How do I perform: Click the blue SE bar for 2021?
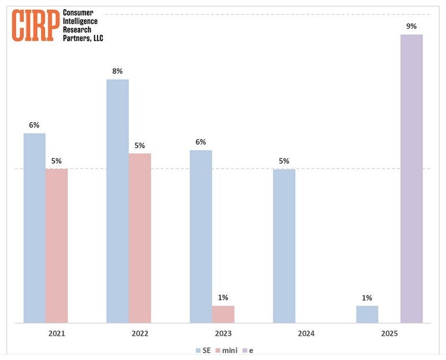[34, 228]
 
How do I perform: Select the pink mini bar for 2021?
[57, 246]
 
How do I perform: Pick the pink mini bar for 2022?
[140, 237]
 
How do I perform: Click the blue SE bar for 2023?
[200, 236]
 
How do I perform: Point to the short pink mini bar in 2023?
[223, 314]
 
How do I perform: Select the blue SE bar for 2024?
[284, 246]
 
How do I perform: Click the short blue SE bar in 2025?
[367, 314]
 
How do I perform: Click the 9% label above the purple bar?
[411, 26]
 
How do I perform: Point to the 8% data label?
[117, 71]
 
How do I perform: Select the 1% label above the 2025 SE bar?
[367, 298]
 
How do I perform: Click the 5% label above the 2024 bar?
[284, 161]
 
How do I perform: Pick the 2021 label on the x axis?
[57, 333]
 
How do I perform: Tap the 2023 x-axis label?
[223, 333]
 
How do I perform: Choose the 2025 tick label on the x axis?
[389, 333]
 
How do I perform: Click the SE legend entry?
[202, 350]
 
